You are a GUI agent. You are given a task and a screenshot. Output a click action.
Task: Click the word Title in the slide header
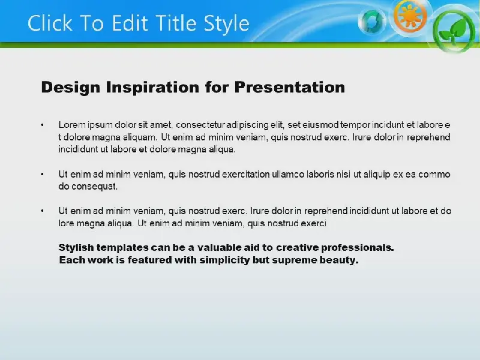[x=176, y=23]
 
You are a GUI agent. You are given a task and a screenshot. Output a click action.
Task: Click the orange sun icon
[x=410, y=16]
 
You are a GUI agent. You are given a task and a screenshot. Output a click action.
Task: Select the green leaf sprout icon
[x=454, y=31]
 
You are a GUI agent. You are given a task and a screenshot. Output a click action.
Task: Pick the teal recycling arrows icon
[x=371, y=22]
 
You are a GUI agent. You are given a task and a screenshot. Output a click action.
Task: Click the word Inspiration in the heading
[x=153, y=88]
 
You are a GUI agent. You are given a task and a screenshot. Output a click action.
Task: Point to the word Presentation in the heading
[x=290, y=87]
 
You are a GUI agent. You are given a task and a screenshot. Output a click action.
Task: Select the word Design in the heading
[x=71, y=88]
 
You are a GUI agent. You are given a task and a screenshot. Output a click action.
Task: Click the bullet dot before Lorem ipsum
[x=42, y=125]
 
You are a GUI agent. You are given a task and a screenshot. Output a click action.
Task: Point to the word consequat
[x=95, y=187]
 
